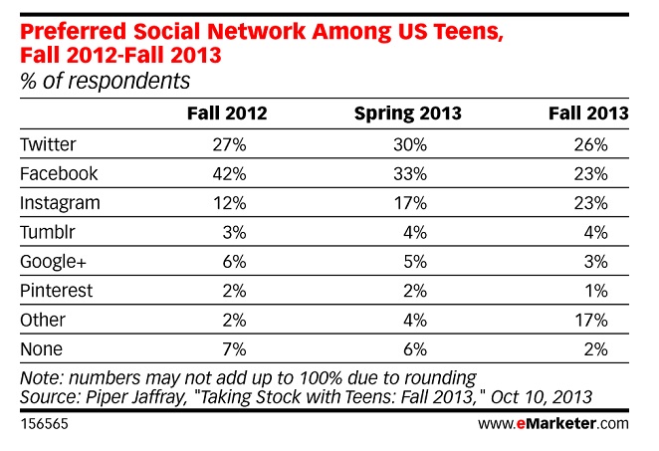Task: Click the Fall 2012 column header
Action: [227, 113]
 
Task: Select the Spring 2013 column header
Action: [408, 114]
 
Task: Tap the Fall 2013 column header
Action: [588, 113]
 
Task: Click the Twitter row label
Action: [48, 144]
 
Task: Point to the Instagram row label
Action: [60, 203]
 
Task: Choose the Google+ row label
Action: [53, 262]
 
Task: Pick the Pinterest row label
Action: [57, 291]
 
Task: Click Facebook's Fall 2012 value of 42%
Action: [229, 174]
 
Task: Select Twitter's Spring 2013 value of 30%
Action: [410, 145]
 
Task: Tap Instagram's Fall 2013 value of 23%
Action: [590, 203]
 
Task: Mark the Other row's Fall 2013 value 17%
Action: [591, 321]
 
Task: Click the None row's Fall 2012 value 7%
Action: [234, 349]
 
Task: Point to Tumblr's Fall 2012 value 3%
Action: [234, 232]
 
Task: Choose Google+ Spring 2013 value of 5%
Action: [415, 262]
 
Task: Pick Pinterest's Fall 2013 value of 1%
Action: [596, 291]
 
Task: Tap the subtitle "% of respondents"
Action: [106, 81]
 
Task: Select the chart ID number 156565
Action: [44, 424]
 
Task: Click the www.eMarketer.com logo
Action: [553, 423]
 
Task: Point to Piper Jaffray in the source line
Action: [135, 397]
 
